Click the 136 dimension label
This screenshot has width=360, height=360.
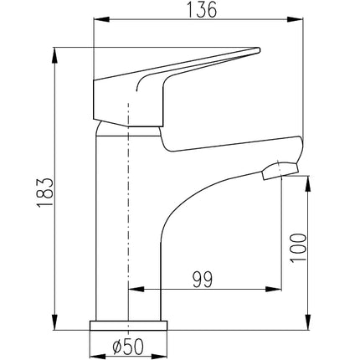pyautogui.click(x=201, y=10)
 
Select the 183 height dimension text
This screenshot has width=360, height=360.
pyautogui.click(x=44, y=192)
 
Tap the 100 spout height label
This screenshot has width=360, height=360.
pyautogui.click(x=298, y=248)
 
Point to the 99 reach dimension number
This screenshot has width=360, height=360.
pyautogui.click(x=203, y=279)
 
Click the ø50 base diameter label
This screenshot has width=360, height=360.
pyautogui.click(x=128, y=347)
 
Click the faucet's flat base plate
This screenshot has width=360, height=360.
pyautogui.click(x=129, y=326)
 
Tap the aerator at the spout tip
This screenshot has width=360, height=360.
pyautogui.click(x=280, y=171)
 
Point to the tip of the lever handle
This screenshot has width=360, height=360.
pyautogui.click(x=259, y=49)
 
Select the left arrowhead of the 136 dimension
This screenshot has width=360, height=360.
pyautogui.click(x=101, y=19)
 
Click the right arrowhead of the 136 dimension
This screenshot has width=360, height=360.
pyautogui.click(x=296, y=19)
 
